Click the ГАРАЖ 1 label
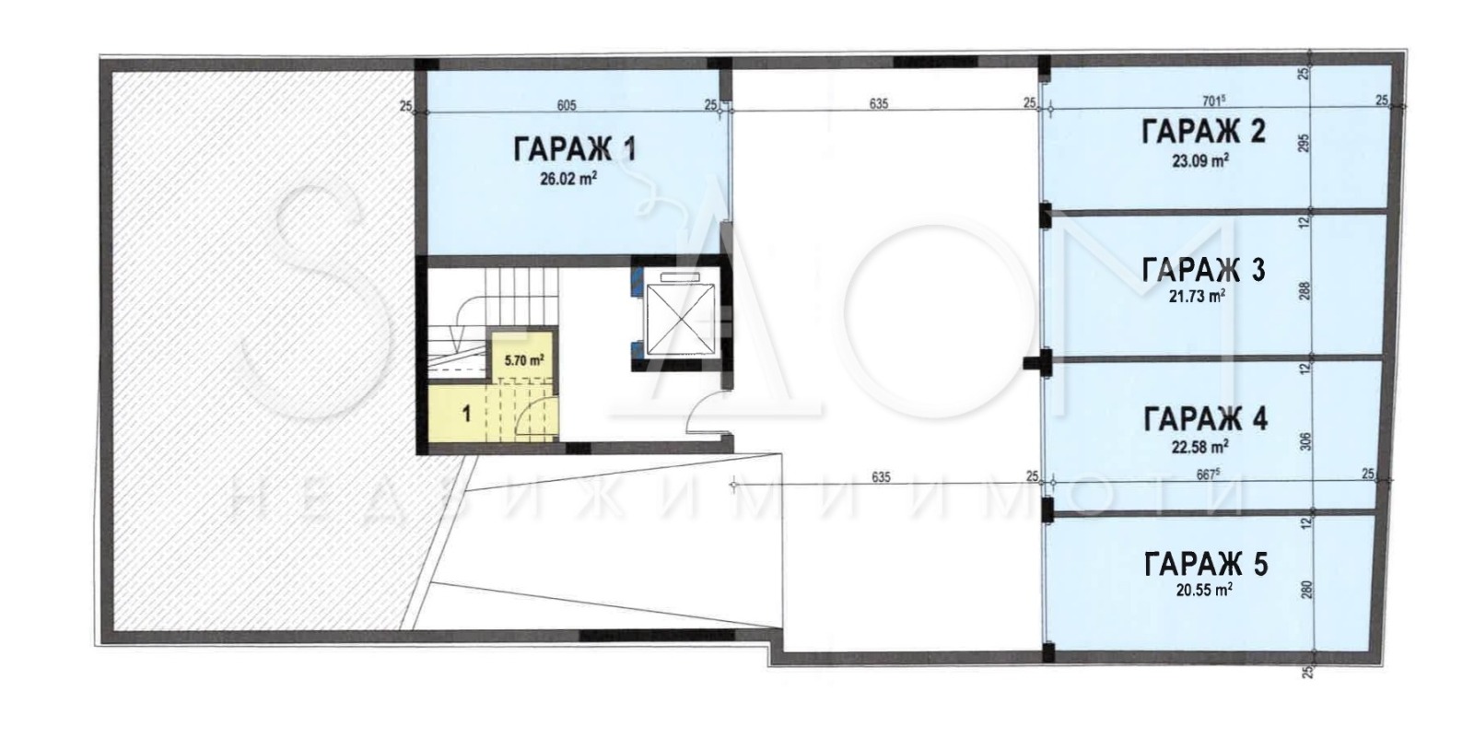tap(573, 150)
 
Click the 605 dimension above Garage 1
tap(567, 105)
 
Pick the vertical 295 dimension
tap(1304, 146)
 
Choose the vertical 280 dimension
tap(1304, 590)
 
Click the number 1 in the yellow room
tap(466, 414)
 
